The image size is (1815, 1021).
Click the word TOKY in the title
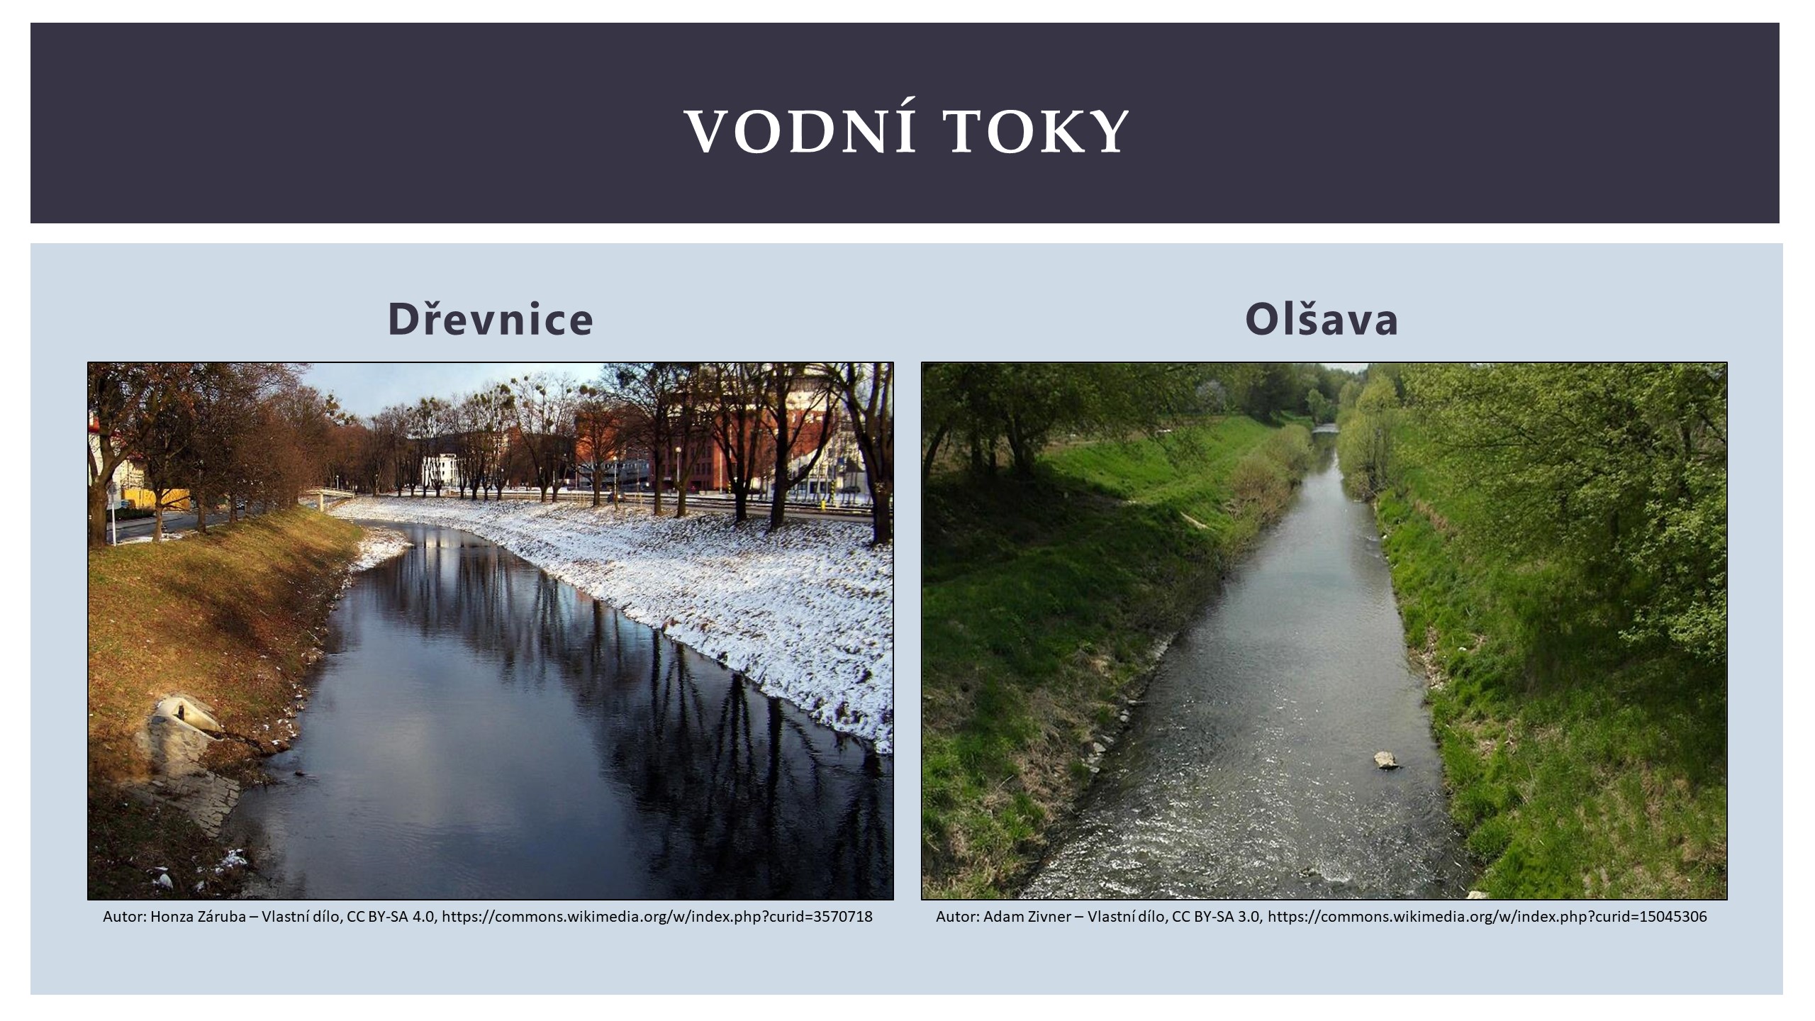click(1039, 132)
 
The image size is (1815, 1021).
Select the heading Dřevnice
click(490, 319)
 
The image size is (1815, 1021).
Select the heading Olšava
click(1322, 319)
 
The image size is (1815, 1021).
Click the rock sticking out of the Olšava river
click(1386, 760)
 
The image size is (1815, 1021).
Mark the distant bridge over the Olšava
click(1324, 428)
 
